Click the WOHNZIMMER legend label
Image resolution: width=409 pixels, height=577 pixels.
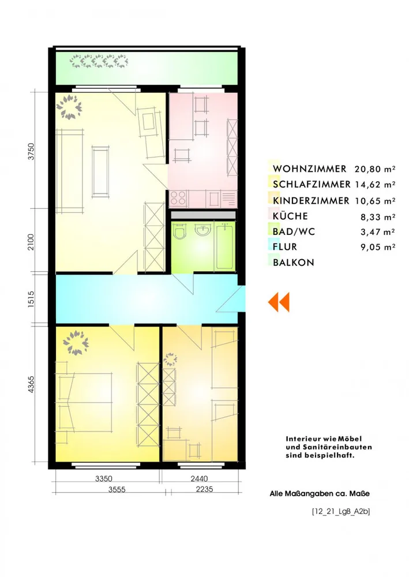click(309, 169)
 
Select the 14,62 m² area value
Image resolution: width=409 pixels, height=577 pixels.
click(375, 185)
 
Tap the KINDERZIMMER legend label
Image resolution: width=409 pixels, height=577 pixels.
click(311, 201)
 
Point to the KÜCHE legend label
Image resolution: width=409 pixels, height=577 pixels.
click(290, 216)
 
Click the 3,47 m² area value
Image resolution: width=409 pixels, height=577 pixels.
click(378, 232)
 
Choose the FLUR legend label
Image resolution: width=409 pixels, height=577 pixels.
click(284, 246)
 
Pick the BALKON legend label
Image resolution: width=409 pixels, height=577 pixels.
click(294, 263)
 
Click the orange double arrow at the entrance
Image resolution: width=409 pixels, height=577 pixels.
click(279, 302)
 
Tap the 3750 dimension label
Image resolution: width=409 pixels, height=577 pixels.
click(31, 151)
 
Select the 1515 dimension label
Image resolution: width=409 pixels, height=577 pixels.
click(31, 299)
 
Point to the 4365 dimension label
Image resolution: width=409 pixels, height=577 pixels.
click(31, 384)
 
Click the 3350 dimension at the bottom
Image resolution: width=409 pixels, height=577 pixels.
click(104, 479)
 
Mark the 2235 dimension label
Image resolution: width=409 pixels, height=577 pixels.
click(204, 489)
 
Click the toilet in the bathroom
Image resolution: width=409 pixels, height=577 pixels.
click(181, 231)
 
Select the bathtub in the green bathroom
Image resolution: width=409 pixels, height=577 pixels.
click(224, 246)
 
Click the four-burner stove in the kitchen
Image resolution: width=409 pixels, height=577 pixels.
click(178, 198)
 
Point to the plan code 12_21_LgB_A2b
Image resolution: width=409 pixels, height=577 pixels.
click(341, 511)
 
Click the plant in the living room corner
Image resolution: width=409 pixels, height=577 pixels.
click(69, 107)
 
